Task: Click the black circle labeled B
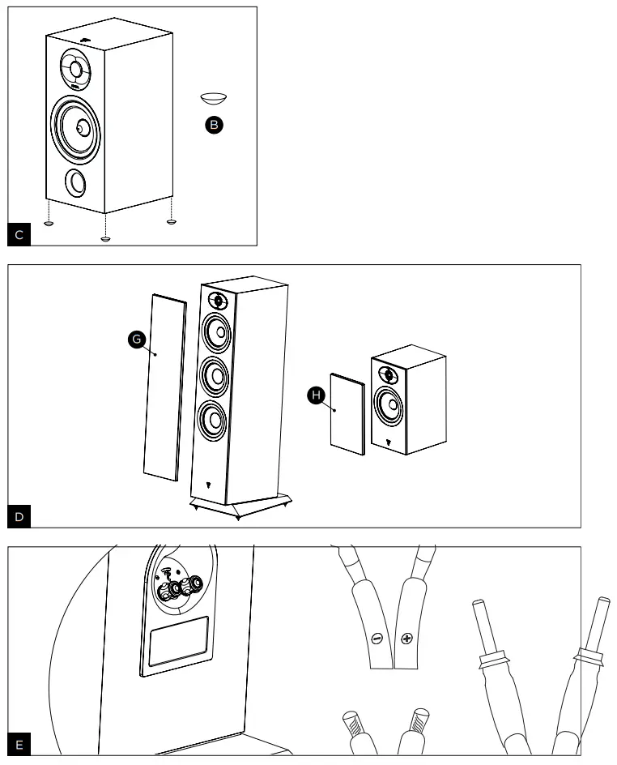214,125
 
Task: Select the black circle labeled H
316,395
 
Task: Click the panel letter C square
19,235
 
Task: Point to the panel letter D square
19,517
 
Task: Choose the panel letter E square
19,744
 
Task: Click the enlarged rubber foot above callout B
214,99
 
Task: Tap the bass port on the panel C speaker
74,182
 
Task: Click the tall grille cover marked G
164,387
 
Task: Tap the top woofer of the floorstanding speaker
215,331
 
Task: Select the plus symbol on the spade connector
406,638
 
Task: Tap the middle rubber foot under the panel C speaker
104,238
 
